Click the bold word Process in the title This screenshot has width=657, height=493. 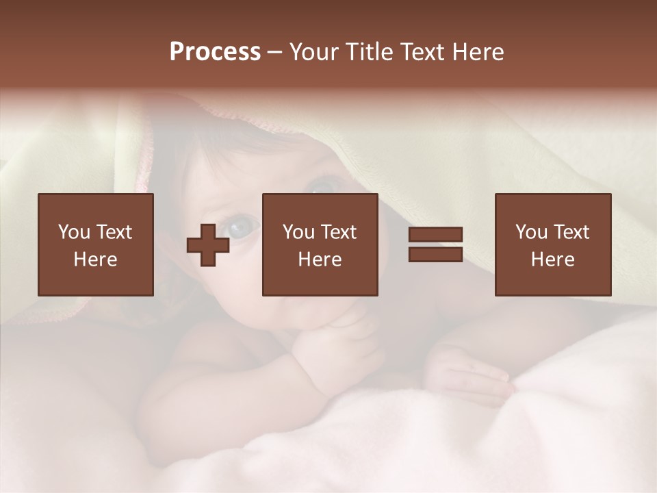[x=215, y=52]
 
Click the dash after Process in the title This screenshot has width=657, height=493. [x=274, y=53]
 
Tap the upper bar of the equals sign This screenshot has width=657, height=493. [x=435, y=235]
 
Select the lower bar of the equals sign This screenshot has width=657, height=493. [x=435, y=254]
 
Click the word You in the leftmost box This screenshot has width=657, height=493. [x=73, y=232]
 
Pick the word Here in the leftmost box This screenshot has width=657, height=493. [x=95, y=260]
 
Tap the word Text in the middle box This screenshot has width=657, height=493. [x=338, y=232]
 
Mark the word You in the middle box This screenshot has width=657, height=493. [x=298, y=232]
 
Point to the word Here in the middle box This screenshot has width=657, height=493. [x=320, y=260]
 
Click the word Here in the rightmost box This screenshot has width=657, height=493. [x=552, y=260]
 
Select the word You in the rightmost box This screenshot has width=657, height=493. [x=531, y=232]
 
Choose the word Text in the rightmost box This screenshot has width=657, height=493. [x=571, y=232]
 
